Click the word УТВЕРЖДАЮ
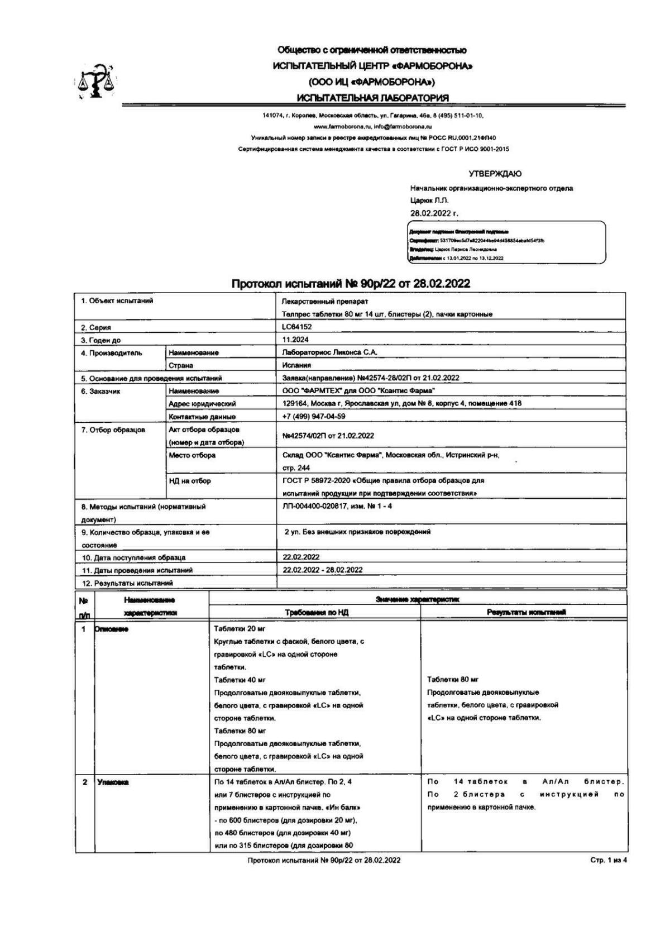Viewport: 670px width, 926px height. [495, 174]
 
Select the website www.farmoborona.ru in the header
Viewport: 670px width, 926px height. [338, 127]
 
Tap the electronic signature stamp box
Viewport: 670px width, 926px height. [506, 242]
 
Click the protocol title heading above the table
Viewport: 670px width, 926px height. [351, 284]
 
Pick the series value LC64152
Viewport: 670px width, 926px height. [297, 327]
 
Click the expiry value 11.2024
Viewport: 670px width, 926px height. [296, 340]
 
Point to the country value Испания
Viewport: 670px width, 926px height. [296, 365]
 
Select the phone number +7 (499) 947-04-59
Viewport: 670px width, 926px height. [314, 416]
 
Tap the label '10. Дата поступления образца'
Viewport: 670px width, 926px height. [134, 557]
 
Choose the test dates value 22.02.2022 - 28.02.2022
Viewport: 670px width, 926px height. [323, 570]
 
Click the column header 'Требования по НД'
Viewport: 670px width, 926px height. [317, 612]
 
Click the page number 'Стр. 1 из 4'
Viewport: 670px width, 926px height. [609, 860]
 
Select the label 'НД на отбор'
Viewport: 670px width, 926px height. [190, 481]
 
